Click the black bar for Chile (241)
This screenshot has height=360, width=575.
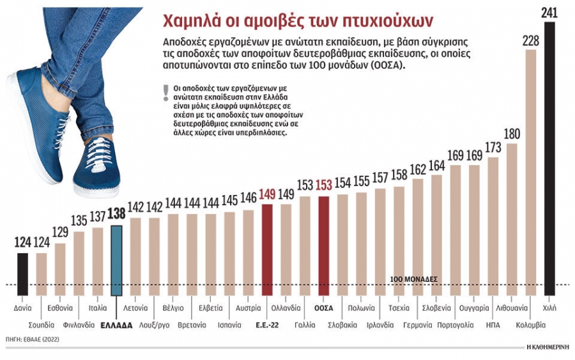pyautogui.click(x=549, y=159)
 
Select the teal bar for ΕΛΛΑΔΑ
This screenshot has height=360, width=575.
pyautogui.click(x=116, y=260)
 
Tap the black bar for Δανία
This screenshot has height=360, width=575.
pyautogui.click(x=23, y=274)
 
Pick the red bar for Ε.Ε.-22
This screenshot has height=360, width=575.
pyautogui.click(x=267, y=250)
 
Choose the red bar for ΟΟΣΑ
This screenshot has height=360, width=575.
pyautogui.click(x=323, y=246)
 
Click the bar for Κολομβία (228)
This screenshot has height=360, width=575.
pyautogui.click(x=531, y=173)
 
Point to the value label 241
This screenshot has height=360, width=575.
pyautogui.click(x=549, y=13)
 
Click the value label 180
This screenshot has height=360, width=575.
pyautogui.click(x=512, y=134)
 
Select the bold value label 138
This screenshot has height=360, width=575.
pyautogui.click(x=117, y=214)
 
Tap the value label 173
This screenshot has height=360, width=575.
pyautogui.click(x=493, y=148)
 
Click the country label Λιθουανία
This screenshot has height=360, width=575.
pyautogui.click(x=512, y=308)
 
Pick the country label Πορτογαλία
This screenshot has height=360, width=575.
pyautogui.click(x=456, y=325)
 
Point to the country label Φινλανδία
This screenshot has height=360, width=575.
pyautogui.click(x=79, y=325)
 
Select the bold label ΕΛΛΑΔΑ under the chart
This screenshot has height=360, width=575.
pyautogui.click(x=116, y=325)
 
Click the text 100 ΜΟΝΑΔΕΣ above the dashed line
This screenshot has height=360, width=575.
pyautogui.click(x=413, y=279)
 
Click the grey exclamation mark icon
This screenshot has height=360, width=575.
pyautogui.click(x=166, y=93)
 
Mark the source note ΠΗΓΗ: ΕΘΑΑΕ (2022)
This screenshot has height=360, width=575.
pyautogui.click(x=33, y=340)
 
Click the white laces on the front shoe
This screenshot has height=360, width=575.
pyautogui.click(x=96, y=152)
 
